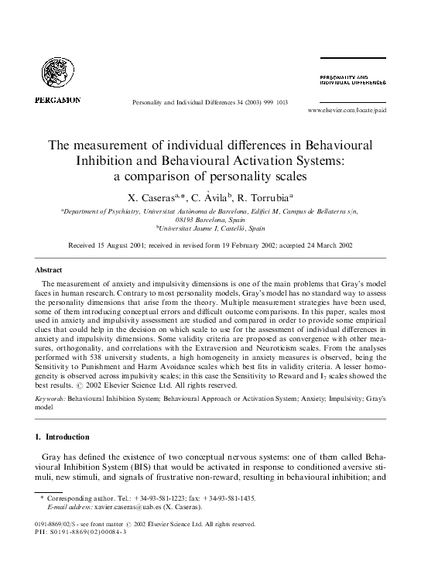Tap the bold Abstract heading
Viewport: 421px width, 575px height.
pos(48,270)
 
